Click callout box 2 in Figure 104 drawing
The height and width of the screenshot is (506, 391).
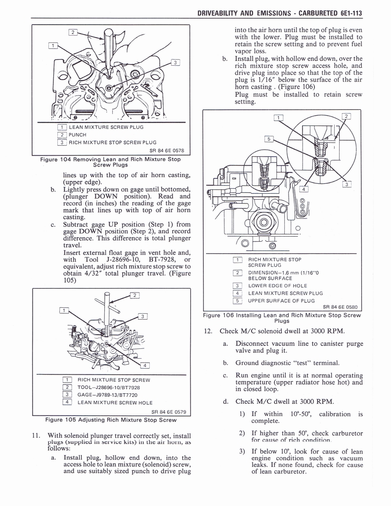coord(73,33)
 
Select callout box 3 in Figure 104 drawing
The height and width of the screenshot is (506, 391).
coord(174,62)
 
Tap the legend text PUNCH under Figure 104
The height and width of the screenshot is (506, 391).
coord(78,134)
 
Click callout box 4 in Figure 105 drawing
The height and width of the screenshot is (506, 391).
coord(145,366)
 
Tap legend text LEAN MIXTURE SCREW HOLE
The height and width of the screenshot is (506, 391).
coord(115,402)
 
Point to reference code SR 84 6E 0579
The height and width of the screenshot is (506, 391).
coord(168,412)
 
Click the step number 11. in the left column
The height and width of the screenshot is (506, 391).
coord(35,435)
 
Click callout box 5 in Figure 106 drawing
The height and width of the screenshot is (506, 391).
coord(268,139)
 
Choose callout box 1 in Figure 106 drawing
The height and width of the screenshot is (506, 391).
coord(279,118)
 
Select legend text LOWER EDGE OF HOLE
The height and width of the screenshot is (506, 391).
coord(277,286)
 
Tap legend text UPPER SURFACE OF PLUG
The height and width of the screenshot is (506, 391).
coord(281,300)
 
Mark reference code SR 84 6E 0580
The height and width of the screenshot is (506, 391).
coord(340,307)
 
